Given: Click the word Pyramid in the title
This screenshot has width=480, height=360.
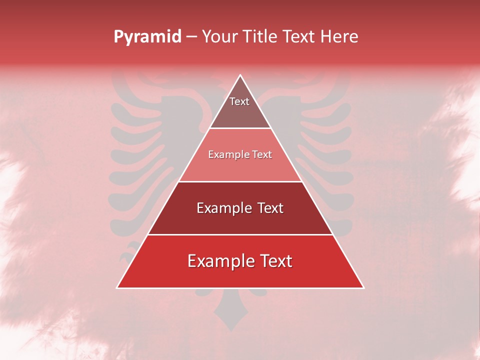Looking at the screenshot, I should (147, 37).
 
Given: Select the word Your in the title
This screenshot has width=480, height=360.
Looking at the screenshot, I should (220, 37).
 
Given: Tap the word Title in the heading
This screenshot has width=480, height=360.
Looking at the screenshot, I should (261, 37).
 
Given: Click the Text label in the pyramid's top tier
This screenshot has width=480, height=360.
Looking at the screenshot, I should (239, 101).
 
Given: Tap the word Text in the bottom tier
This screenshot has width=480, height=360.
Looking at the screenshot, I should (273, 261).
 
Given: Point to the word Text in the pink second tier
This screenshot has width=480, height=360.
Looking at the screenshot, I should (261, 155).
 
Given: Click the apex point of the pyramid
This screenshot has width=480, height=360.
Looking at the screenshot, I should (240, 75).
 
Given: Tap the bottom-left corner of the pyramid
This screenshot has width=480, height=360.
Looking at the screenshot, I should (117, 288).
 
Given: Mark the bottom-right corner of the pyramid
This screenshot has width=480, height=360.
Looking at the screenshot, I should (363, 288).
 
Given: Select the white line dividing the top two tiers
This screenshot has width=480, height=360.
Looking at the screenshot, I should (240, 128).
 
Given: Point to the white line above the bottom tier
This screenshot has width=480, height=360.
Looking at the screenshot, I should (240, 234).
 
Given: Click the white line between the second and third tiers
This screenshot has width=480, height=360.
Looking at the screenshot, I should (240, 181).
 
